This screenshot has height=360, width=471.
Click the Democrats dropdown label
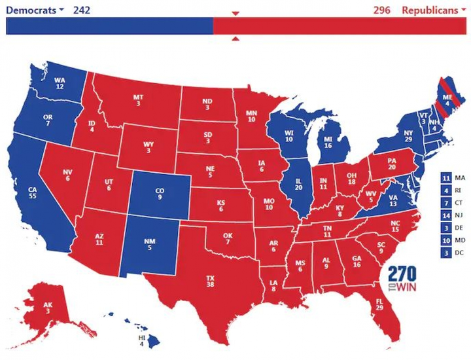34,10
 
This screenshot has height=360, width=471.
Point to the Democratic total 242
81,10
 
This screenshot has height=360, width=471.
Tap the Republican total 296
382,10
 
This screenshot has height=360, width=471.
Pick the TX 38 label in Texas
210,280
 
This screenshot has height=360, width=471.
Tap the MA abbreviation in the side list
460,178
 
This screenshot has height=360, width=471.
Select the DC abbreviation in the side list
460,253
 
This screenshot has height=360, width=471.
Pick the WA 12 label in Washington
60,83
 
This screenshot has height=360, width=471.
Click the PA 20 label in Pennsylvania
392,162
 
